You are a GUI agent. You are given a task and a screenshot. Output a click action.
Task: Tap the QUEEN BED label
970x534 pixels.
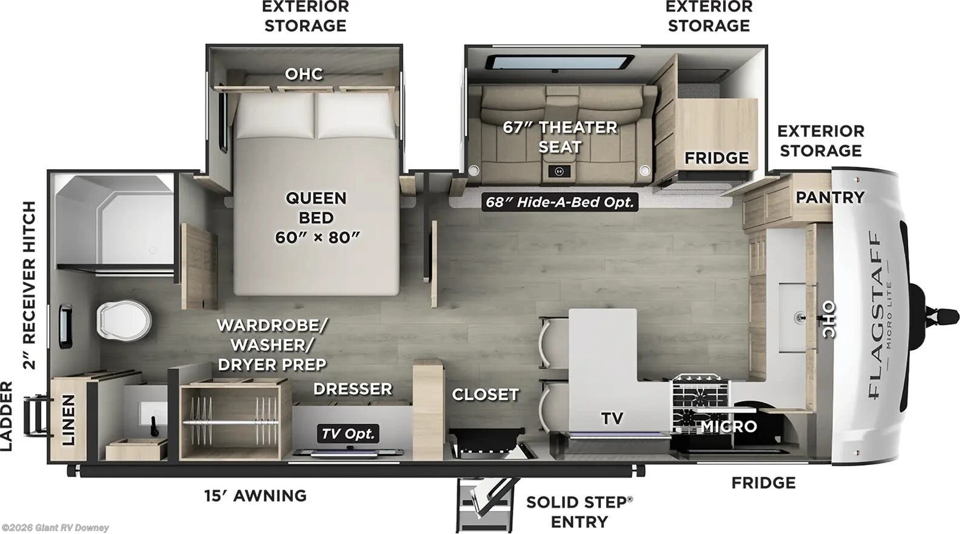316,218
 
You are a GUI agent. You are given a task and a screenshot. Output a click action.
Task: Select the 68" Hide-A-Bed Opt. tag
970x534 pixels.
559,202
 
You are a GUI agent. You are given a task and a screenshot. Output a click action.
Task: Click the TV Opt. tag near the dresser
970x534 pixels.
348,433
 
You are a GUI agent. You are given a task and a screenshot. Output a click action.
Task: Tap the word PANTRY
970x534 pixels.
829,197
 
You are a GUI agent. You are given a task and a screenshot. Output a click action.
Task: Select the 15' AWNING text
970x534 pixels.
255,495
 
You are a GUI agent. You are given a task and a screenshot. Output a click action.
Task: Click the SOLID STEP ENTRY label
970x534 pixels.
579,512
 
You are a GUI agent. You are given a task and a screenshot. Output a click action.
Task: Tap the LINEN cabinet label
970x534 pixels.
68,420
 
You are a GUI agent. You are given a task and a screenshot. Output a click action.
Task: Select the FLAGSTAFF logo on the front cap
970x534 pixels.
874,315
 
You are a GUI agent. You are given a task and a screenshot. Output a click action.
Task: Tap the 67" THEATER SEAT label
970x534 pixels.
560,137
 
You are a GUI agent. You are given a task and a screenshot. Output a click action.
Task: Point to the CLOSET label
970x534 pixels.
485,395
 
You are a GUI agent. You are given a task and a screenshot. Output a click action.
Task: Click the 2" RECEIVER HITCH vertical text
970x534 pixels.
28,285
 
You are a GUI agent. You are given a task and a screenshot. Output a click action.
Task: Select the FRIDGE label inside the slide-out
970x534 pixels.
716,158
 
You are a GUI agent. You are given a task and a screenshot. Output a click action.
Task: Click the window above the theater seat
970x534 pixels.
558,63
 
